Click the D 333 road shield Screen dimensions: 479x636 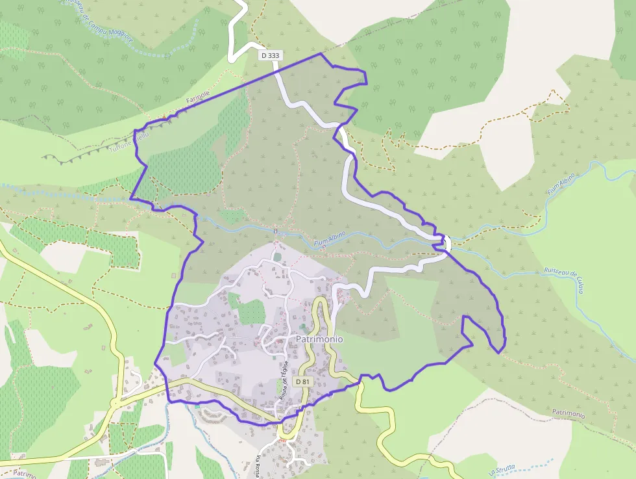coord(270,56)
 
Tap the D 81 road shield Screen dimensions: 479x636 coord(302,382)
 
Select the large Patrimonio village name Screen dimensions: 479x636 coord(319,339)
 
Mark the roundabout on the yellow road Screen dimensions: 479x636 coord(115,403)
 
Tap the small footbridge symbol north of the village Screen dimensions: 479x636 coord(276,231)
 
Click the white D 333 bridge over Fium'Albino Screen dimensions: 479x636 coord(446,242)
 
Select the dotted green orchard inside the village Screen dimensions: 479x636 coord(252,313)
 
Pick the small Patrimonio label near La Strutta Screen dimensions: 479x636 coord(569,413)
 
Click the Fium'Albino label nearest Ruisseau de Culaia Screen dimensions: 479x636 coord(562,185)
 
